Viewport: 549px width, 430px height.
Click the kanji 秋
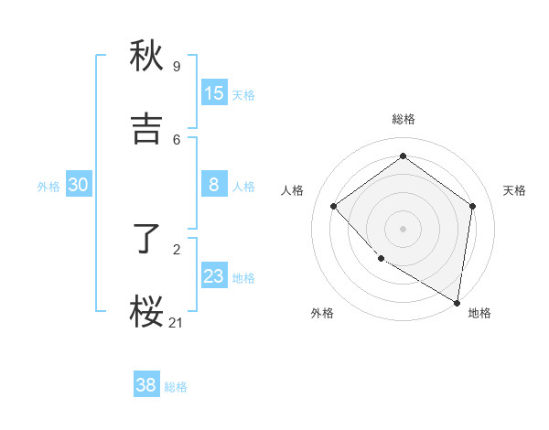(146, 56)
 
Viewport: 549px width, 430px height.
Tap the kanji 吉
(146, 129)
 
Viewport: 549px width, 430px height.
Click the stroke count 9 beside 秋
(176, 66)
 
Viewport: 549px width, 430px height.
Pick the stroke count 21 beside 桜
(177, 322)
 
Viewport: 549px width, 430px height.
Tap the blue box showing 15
(214, 93)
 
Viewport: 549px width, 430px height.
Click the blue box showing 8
(214, 185)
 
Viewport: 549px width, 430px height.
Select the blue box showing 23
(214, 276)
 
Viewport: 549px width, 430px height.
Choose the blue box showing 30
(79, 185)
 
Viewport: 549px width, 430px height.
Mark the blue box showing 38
(146, 385)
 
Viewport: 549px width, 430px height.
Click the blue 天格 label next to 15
(243, 95)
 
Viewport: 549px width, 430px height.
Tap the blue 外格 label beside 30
(48, 187)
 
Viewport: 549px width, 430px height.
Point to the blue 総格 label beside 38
(176, 387)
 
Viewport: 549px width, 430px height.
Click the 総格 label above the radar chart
(403, 119)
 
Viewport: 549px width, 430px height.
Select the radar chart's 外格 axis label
(322, 314)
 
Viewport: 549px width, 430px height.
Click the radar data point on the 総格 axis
(403, 156)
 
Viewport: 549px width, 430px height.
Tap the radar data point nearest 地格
(457, 302)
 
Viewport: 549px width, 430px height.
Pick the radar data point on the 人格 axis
(334, 207)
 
